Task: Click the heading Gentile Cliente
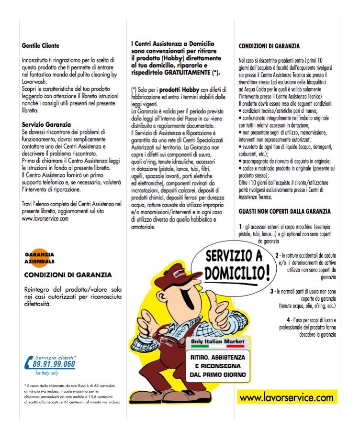[x=41, y=46]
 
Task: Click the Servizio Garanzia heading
[x=46, y=124]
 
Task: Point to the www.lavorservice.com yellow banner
[x=286, y=397]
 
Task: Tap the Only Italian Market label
[x=217, y=342]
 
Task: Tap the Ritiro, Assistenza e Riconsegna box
[x=218, y=366]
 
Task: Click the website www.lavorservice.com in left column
[x=45, y=218]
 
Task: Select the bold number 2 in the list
[x=277, y=256]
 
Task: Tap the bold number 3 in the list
[x=271, y=291]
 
